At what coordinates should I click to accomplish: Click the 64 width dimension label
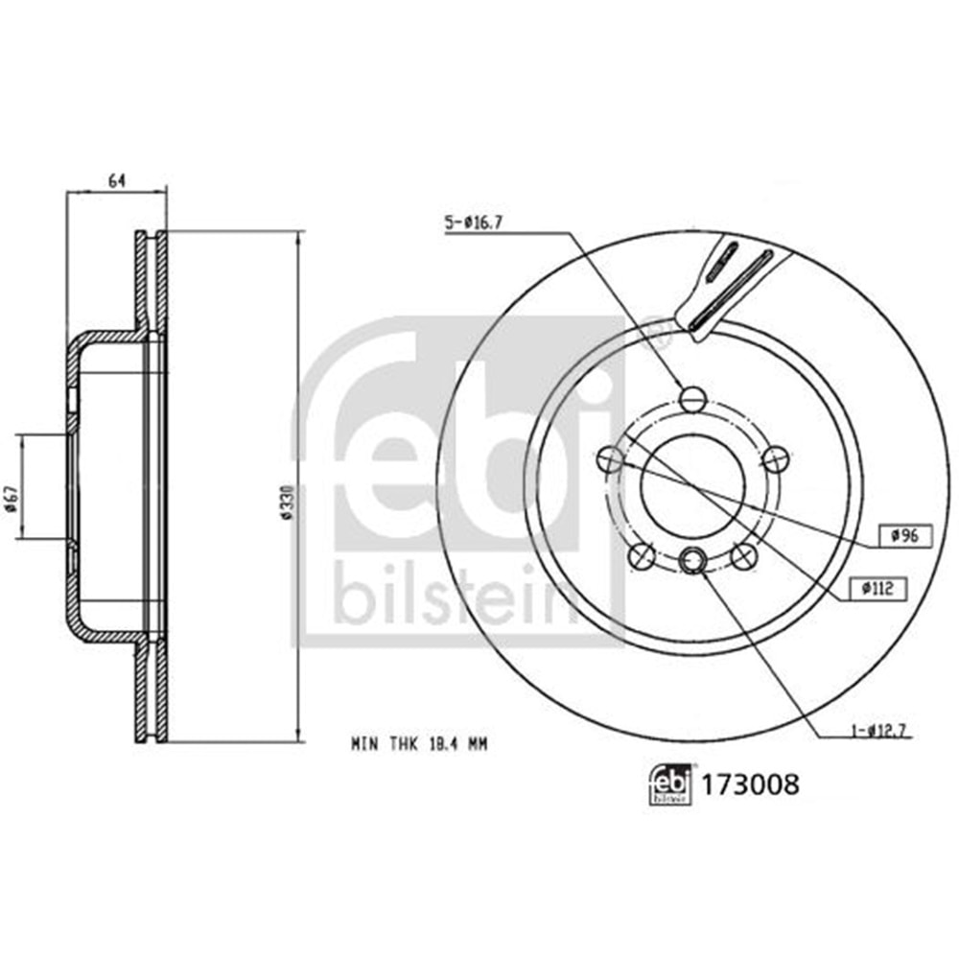(117, 180)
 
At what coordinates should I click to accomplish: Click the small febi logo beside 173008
(670, 785)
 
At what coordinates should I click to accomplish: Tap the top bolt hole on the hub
(692, 398)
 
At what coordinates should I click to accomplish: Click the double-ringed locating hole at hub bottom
(692, 559)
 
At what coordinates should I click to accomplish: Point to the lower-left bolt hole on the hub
(641, 555)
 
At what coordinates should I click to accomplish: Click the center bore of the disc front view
(692, 484)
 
